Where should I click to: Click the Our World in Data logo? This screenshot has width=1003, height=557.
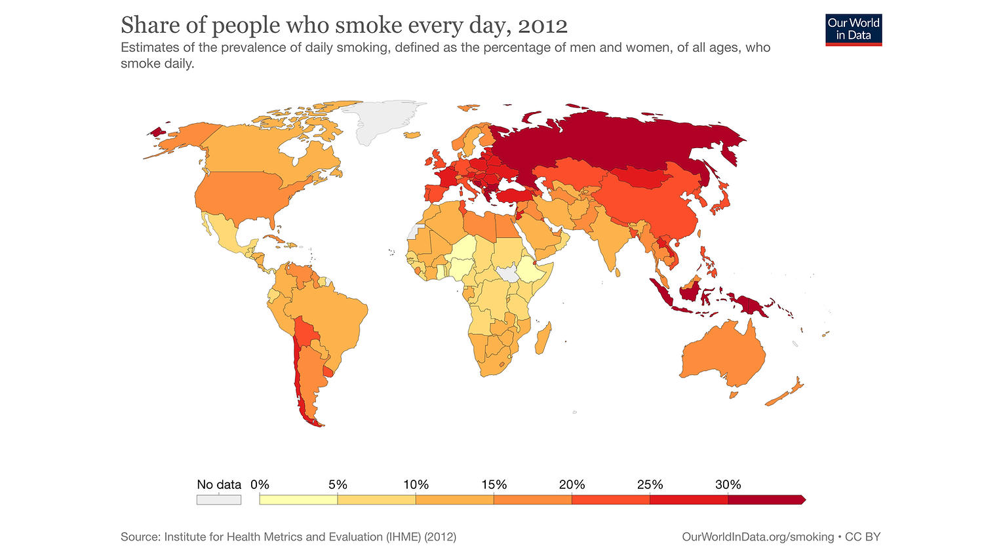[854, 30]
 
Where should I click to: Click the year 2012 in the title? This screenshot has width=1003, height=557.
[542, 26]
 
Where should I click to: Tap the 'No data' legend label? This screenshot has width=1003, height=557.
[219, 485]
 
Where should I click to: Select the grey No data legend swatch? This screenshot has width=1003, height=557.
[219, 500]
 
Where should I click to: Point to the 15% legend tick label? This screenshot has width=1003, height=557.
[494, 485]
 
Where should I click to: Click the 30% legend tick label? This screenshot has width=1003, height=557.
[728, 485]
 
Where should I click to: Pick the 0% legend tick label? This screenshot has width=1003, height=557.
[260, 485]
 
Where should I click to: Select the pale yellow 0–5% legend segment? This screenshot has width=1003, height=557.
[298, 500]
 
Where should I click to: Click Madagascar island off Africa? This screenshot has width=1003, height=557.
[543, 341]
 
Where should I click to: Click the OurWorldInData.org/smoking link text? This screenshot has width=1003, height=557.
[758, 537]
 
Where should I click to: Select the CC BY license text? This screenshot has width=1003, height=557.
[863, 537]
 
